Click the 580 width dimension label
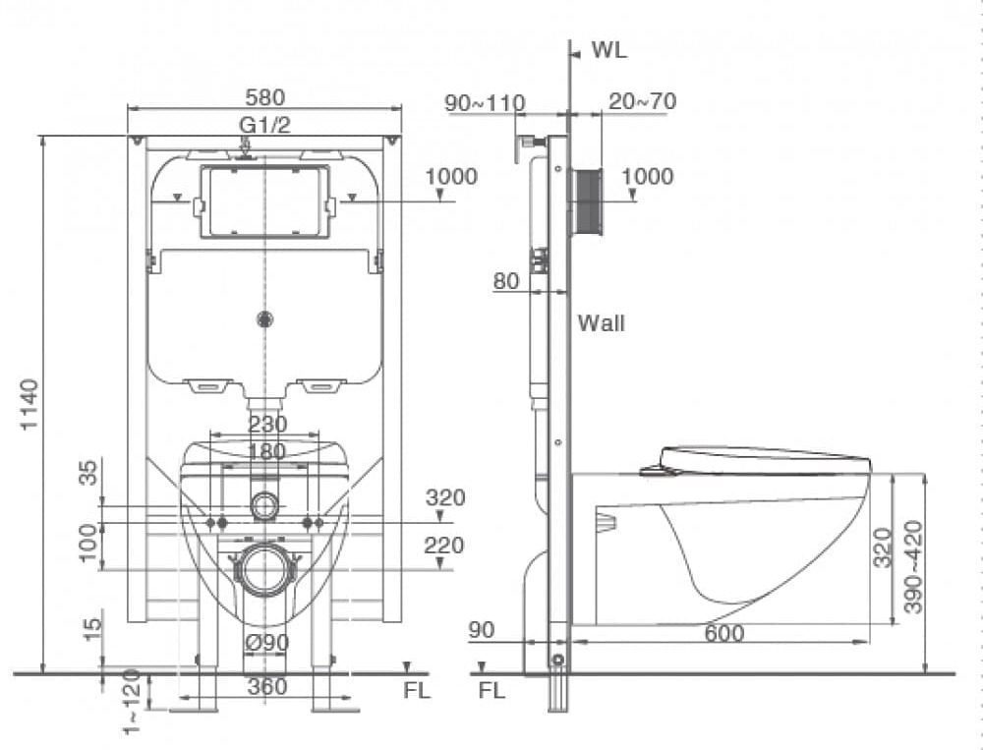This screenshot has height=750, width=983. pyautogui.click(x=264, y=98)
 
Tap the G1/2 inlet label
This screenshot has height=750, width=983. pyautogui.click(x=264, y=125)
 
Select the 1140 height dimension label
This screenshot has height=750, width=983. pyautogui.click(x=29, y=403)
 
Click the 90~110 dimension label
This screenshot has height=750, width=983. pyautogui.click(x=485, y=103)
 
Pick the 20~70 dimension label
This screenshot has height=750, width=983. pyautogui.click(x=642, y=102)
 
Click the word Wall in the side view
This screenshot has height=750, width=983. pyautogui.click(x=601, y=323)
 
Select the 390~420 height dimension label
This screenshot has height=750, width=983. pyautogui.click(x=913, y=567)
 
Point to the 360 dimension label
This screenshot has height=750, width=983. pyautogui.click(x=266, y=687)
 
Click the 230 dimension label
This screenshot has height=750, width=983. pyautogui.click(x=266, y=425)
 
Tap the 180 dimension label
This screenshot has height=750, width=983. pyautogui.click(x=266, y=451)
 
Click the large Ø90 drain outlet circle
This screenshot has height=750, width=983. pyautogui.click(x=264, y=569)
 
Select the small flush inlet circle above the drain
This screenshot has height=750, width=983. pyautogui.click(x=264, y=506)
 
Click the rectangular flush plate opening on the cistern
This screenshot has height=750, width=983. pyautogui.click(x=264, y=202)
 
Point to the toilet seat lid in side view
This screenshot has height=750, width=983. pyautogui.click(x=765, y=458)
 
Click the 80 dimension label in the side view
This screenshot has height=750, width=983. pyautogui.click(x=506, y=281)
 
